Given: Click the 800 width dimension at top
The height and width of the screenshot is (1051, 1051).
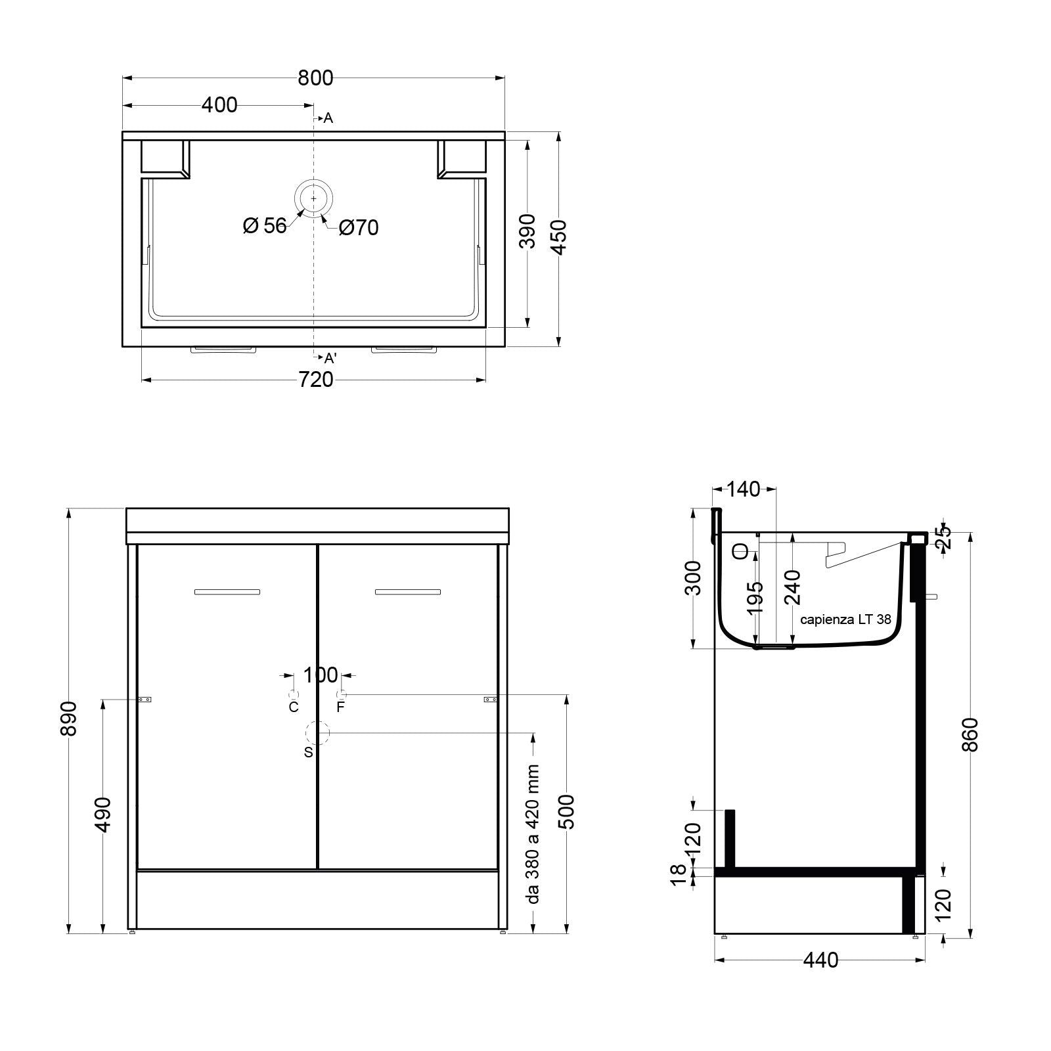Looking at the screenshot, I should click(315, 78).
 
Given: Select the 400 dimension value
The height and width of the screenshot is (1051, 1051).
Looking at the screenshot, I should click(219, 104).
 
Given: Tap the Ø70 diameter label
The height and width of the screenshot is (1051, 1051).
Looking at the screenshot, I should click(359, 228).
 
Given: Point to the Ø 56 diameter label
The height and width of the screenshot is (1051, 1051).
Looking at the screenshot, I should click(265, 226).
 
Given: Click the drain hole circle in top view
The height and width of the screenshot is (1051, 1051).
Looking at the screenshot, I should click(314, 198).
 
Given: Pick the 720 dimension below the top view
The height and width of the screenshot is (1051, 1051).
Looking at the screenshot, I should click(316, 380).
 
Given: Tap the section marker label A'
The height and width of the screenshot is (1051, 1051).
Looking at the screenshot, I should click(330, 358).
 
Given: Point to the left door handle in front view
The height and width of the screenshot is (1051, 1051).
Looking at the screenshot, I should click(227, 592).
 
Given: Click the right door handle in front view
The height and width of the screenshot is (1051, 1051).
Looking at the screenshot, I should click(408, 592).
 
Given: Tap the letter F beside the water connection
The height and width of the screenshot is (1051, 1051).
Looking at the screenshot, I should click(340, 707).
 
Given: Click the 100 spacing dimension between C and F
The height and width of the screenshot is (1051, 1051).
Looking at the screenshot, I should click(320, 675).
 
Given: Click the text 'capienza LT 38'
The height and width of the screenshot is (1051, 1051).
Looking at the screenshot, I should click(845, 619).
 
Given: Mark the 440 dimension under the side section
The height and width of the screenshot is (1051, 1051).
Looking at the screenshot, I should click(820, 960).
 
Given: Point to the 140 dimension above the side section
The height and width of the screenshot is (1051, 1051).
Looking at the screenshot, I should click(744, 489).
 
